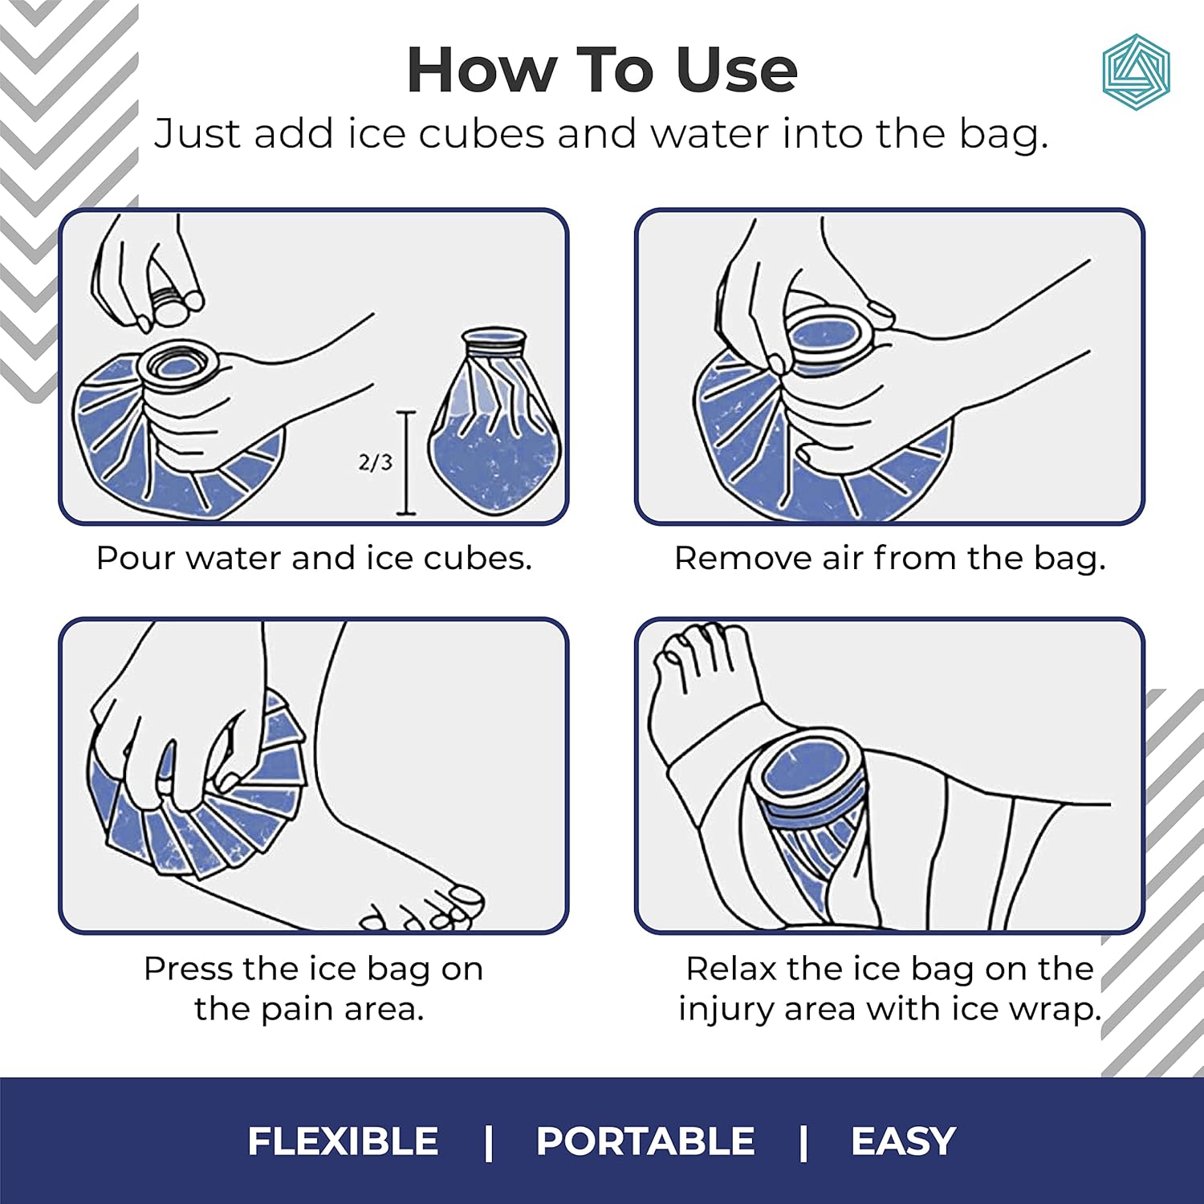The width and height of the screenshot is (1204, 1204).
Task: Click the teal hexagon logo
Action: click(x=1136, y=71)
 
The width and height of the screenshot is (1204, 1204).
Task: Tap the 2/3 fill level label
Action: click(x=376, y=462)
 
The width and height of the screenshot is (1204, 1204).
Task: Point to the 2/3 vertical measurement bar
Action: click(x=407, y=463)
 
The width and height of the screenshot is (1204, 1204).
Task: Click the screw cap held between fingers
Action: click(x=171, y=305)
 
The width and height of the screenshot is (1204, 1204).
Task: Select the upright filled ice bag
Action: click(x=492, y=425)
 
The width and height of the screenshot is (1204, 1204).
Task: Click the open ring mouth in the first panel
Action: click(x=178, y=365)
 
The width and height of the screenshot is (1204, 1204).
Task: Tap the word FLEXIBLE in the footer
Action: click(x=343, y=1141)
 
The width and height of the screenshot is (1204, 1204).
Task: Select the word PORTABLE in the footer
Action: click(x=645, y=1141)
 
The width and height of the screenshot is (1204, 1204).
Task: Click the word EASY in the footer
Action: click(x=903, y=1141)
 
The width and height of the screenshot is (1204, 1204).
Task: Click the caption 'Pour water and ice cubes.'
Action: click(x=314, y=558)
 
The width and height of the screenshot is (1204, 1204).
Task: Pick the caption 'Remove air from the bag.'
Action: click(x=889, y=558)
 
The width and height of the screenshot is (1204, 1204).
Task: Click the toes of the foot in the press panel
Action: click(x=425, y=911)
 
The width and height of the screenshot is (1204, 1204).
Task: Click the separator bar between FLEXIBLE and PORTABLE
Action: click(x=488, y=1141)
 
